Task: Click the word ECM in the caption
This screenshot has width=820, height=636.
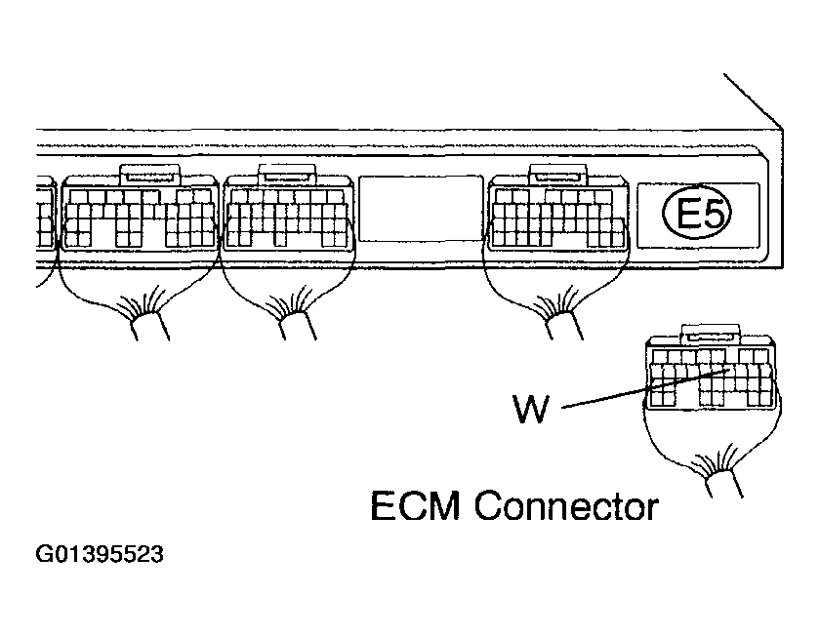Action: (x=417, y=507)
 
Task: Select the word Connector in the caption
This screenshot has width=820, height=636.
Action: (x=565, y=507)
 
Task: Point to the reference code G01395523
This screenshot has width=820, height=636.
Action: (x=100, y=557)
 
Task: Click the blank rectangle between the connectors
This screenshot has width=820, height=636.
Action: (x=420, y=208)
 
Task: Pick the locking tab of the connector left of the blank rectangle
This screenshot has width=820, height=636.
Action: (x=285, y=175)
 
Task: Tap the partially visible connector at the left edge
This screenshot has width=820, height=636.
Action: (x=44, y=219)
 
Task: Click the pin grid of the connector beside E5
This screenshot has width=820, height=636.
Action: (x=557, y=217)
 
